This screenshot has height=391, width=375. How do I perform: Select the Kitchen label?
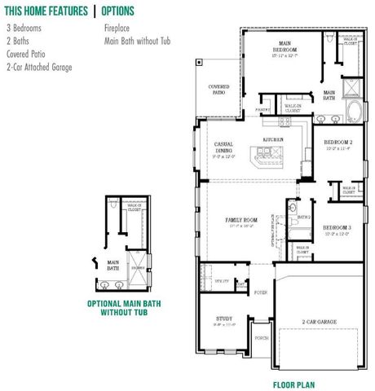272,139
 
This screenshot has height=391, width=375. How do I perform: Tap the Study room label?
224,319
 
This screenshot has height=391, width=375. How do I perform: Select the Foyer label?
261,292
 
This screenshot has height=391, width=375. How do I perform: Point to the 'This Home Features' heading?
46,11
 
